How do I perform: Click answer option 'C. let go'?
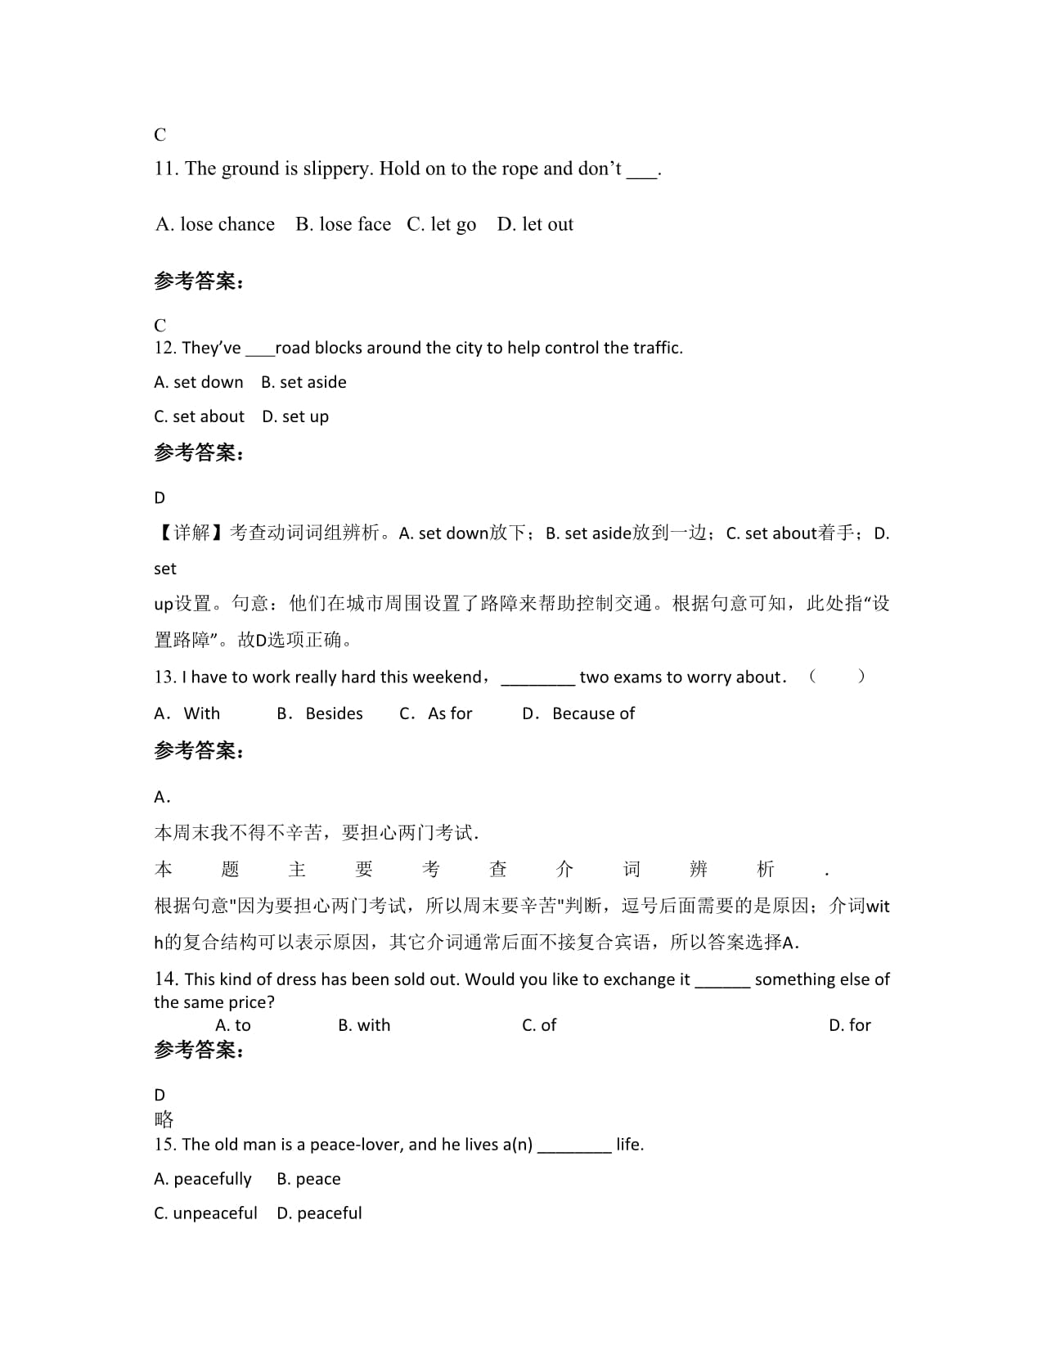[441, 224]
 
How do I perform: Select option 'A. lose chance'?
[215, 224]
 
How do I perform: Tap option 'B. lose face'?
[343, 224]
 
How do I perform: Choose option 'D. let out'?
[535, 224]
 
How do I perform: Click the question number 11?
[165, 169]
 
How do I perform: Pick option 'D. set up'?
[295, 416]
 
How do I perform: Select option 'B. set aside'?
[303, 382]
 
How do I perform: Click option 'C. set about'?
[199, 416]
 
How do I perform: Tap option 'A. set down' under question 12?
[199, 382]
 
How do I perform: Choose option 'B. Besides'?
[320, 713]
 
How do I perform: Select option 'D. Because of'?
[578, 713]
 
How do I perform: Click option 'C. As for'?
[436, 713]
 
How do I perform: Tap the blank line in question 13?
[537, 678]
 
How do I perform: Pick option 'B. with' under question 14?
[364, 1025]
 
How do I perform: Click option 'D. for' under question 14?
[850, 1025]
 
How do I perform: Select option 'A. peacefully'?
[203, 1179]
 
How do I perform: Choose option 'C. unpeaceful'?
[205, 1213]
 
